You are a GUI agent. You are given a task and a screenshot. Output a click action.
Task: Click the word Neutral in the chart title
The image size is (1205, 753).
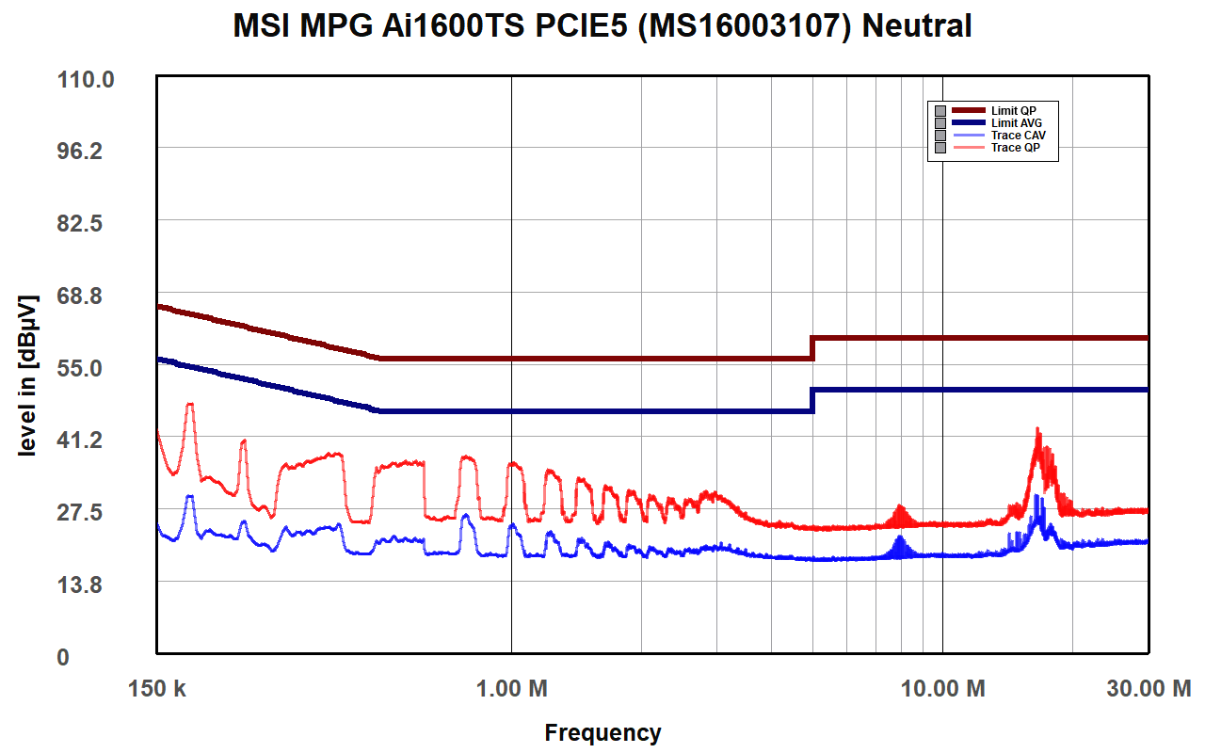[917, 26]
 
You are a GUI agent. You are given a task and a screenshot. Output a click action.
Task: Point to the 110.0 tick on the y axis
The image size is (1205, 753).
[87, 80]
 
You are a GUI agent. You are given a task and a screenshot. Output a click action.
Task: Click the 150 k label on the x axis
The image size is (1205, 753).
[156, 689]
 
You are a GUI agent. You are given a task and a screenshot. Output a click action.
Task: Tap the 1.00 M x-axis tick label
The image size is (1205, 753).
[512, 689]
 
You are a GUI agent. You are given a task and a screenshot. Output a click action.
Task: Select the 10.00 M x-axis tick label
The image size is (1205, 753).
[942, 689]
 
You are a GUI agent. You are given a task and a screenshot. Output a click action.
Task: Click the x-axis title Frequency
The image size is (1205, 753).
[602, 732]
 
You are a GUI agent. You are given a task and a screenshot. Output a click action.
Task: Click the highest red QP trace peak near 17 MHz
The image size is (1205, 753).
[1037, 430]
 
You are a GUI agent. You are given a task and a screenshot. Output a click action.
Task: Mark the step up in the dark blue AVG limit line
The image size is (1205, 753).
[812, 400]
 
